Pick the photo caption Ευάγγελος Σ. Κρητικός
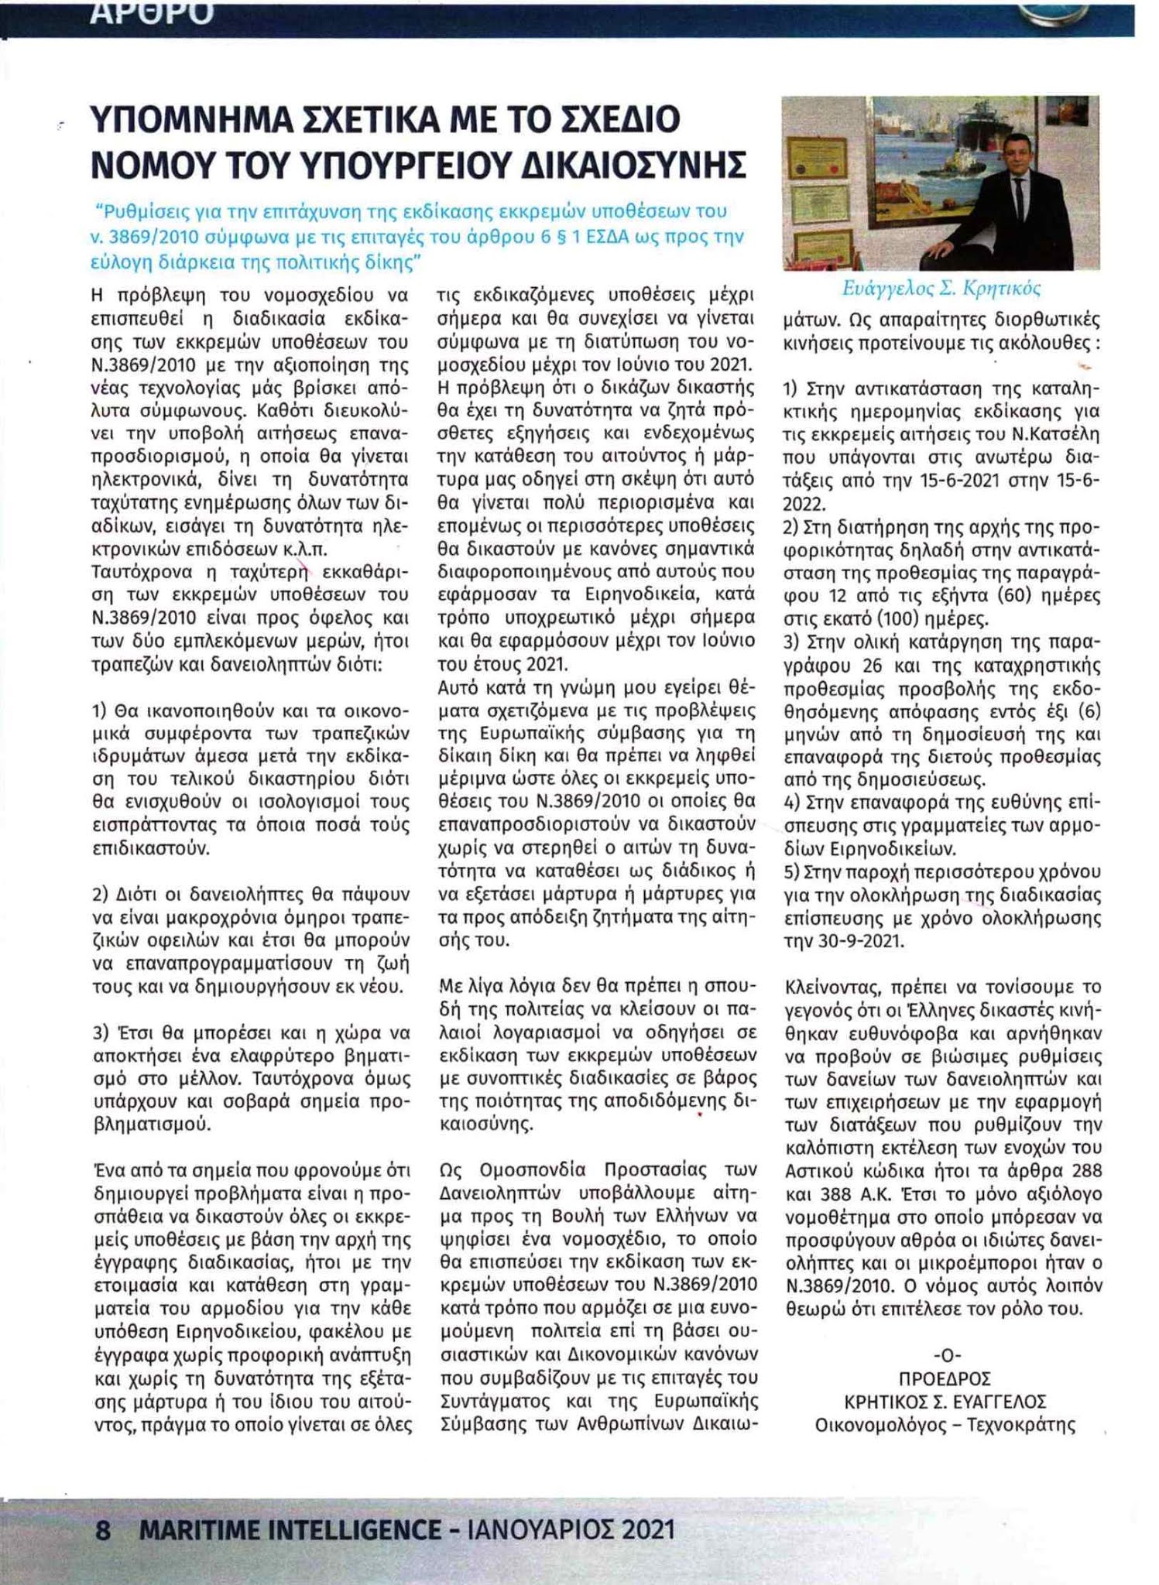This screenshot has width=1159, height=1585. pos(941,289)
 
